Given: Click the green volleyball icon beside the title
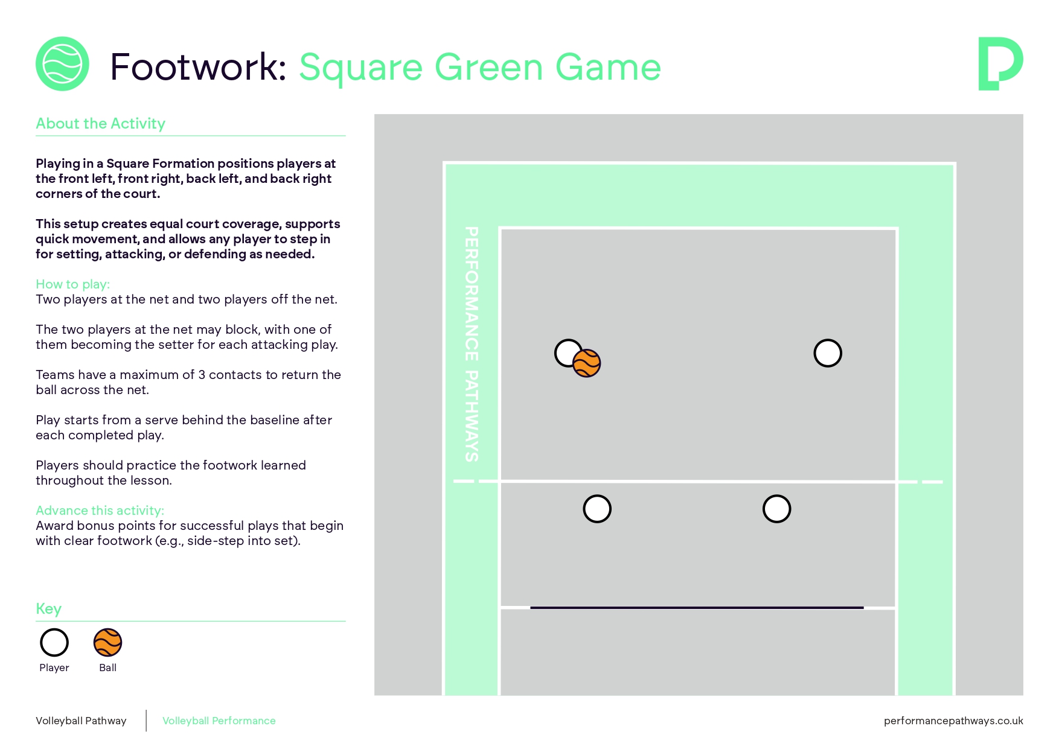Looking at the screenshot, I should click(x=62, y=64).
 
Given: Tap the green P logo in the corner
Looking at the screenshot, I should click(x=1000, y=63).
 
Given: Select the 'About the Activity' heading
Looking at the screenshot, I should click(x=100, y=124).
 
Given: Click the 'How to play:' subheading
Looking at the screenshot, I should click(x=72, y=284).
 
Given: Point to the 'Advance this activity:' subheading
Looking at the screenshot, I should click(x=100, y=511).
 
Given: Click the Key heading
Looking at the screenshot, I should click(x=48, y=608).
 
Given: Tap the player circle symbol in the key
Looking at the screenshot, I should click(x=54, y=642).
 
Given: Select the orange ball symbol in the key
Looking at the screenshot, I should click(x=108, y=642).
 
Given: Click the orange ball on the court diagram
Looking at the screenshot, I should click(x=587, y=363).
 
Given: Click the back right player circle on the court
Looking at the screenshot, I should click(x=828, y=353).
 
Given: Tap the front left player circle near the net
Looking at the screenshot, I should click(x=597, y=509).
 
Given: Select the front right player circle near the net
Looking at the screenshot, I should click(x=776, y=509).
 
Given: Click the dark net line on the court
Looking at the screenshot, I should click(x=697, y=608).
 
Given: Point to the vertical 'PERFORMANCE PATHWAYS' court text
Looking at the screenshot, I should click(x=472, y=344).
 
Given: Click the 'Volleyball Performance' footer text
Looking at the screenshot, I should click(x=219, y=721).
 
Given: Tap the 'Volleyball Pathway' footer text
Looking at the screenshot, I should click(x=81, y=721).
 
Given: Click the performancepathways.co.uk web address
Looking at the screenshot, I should click(x=953, y=721).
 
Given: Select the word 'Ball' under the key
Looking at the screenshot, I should click(x=107, y=668).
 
